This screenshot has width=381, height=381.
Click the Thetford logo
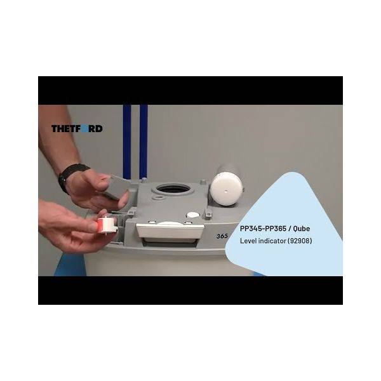77,128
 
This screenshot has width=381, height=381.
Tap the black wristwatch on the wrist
71,175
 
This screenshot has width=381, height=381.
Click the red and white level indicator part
107,225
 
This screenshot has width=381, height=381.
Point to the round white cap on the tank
226,189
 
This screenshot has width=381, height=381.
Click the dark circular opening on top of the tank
173,189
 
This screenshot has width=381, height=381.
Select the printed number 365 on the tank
222,236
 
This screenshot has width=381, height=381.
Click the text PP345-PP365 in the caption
263,229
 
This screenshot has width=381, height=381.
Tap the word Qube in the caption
301,229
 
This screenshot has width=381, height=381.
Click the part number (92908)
300,241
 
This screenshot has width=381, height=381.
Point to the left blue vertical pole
127,142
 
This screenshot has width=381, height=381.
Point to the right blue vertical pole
144,142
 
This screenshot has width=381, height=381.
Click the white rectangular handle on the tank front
170,231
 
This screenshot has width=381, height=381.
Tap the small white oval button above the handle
193,215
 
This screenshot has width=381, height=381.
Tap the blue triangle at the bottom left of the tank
70,264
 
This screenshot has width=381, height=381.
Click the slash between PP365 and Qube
290,229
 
